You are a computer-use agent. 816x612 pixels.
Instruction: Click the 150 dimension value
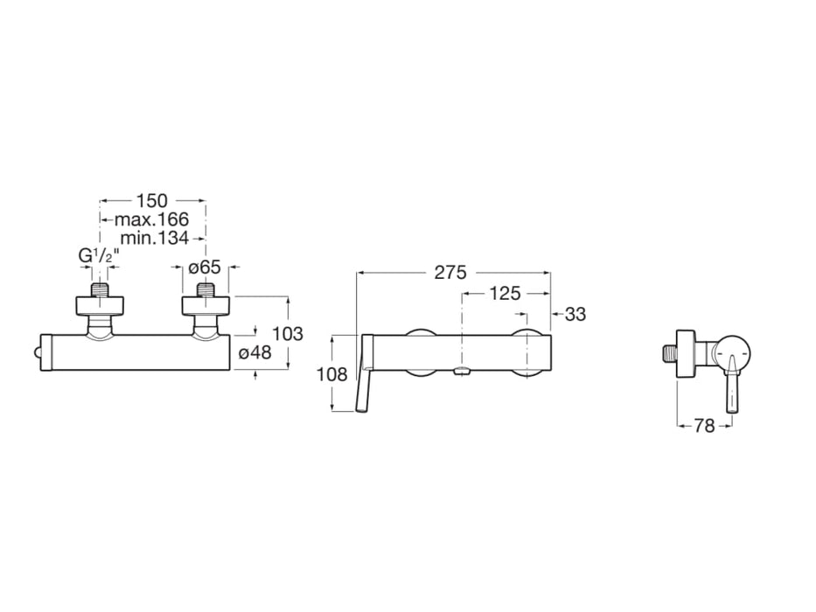coord(152,202)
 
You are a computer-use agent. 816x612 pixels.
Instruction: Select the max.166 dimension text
coord(152,219)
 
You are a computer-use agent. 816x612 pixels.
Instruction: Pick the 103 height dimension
coord(288,334)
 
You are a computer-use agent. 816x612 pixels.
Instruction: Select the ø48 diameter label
coord(255,352)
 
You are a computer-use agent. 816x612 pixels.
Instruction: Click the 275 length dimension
coord(452,272)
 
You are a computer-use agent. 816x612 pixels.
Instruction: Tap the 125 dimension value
coord(505,294)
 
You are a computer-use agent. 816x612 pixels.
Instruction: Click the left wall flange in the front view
coord(100,305)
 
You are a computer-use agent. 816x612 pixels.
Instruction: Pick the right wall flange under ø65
coord(206,305)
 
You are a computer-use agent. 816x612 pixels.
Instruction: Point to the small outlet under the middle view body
coord(462,373)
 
